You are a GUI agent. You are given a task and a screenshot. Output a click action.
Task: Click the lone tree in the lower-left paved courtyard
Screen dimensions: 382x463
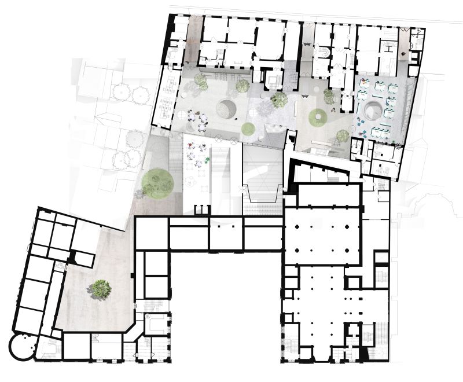(x=101, y=288)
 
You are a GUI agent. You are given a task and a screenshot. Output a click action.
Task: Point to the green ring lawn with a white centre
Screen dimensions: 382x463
(x=317, y=117)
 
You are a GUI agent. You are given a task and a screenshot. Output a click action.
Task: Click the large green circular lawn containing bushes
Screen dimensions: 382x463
(x=157, y=182)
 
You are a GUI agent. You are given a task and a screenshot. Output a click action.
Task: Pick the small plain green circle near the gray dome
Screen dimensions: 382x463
(x=247, y=128)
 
